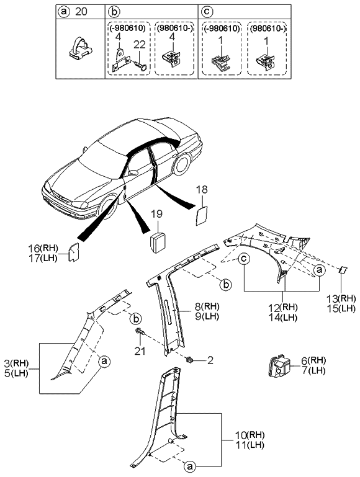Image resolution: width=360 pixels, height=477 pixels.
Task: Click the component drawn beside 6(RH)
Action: [x=278, y=365]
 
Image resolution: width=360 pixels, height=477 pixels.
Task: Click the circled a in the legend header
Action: [x=63, y=11]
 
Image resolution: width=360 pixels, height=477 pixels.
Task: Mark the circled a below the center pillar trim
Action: [x=190, y=464]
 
